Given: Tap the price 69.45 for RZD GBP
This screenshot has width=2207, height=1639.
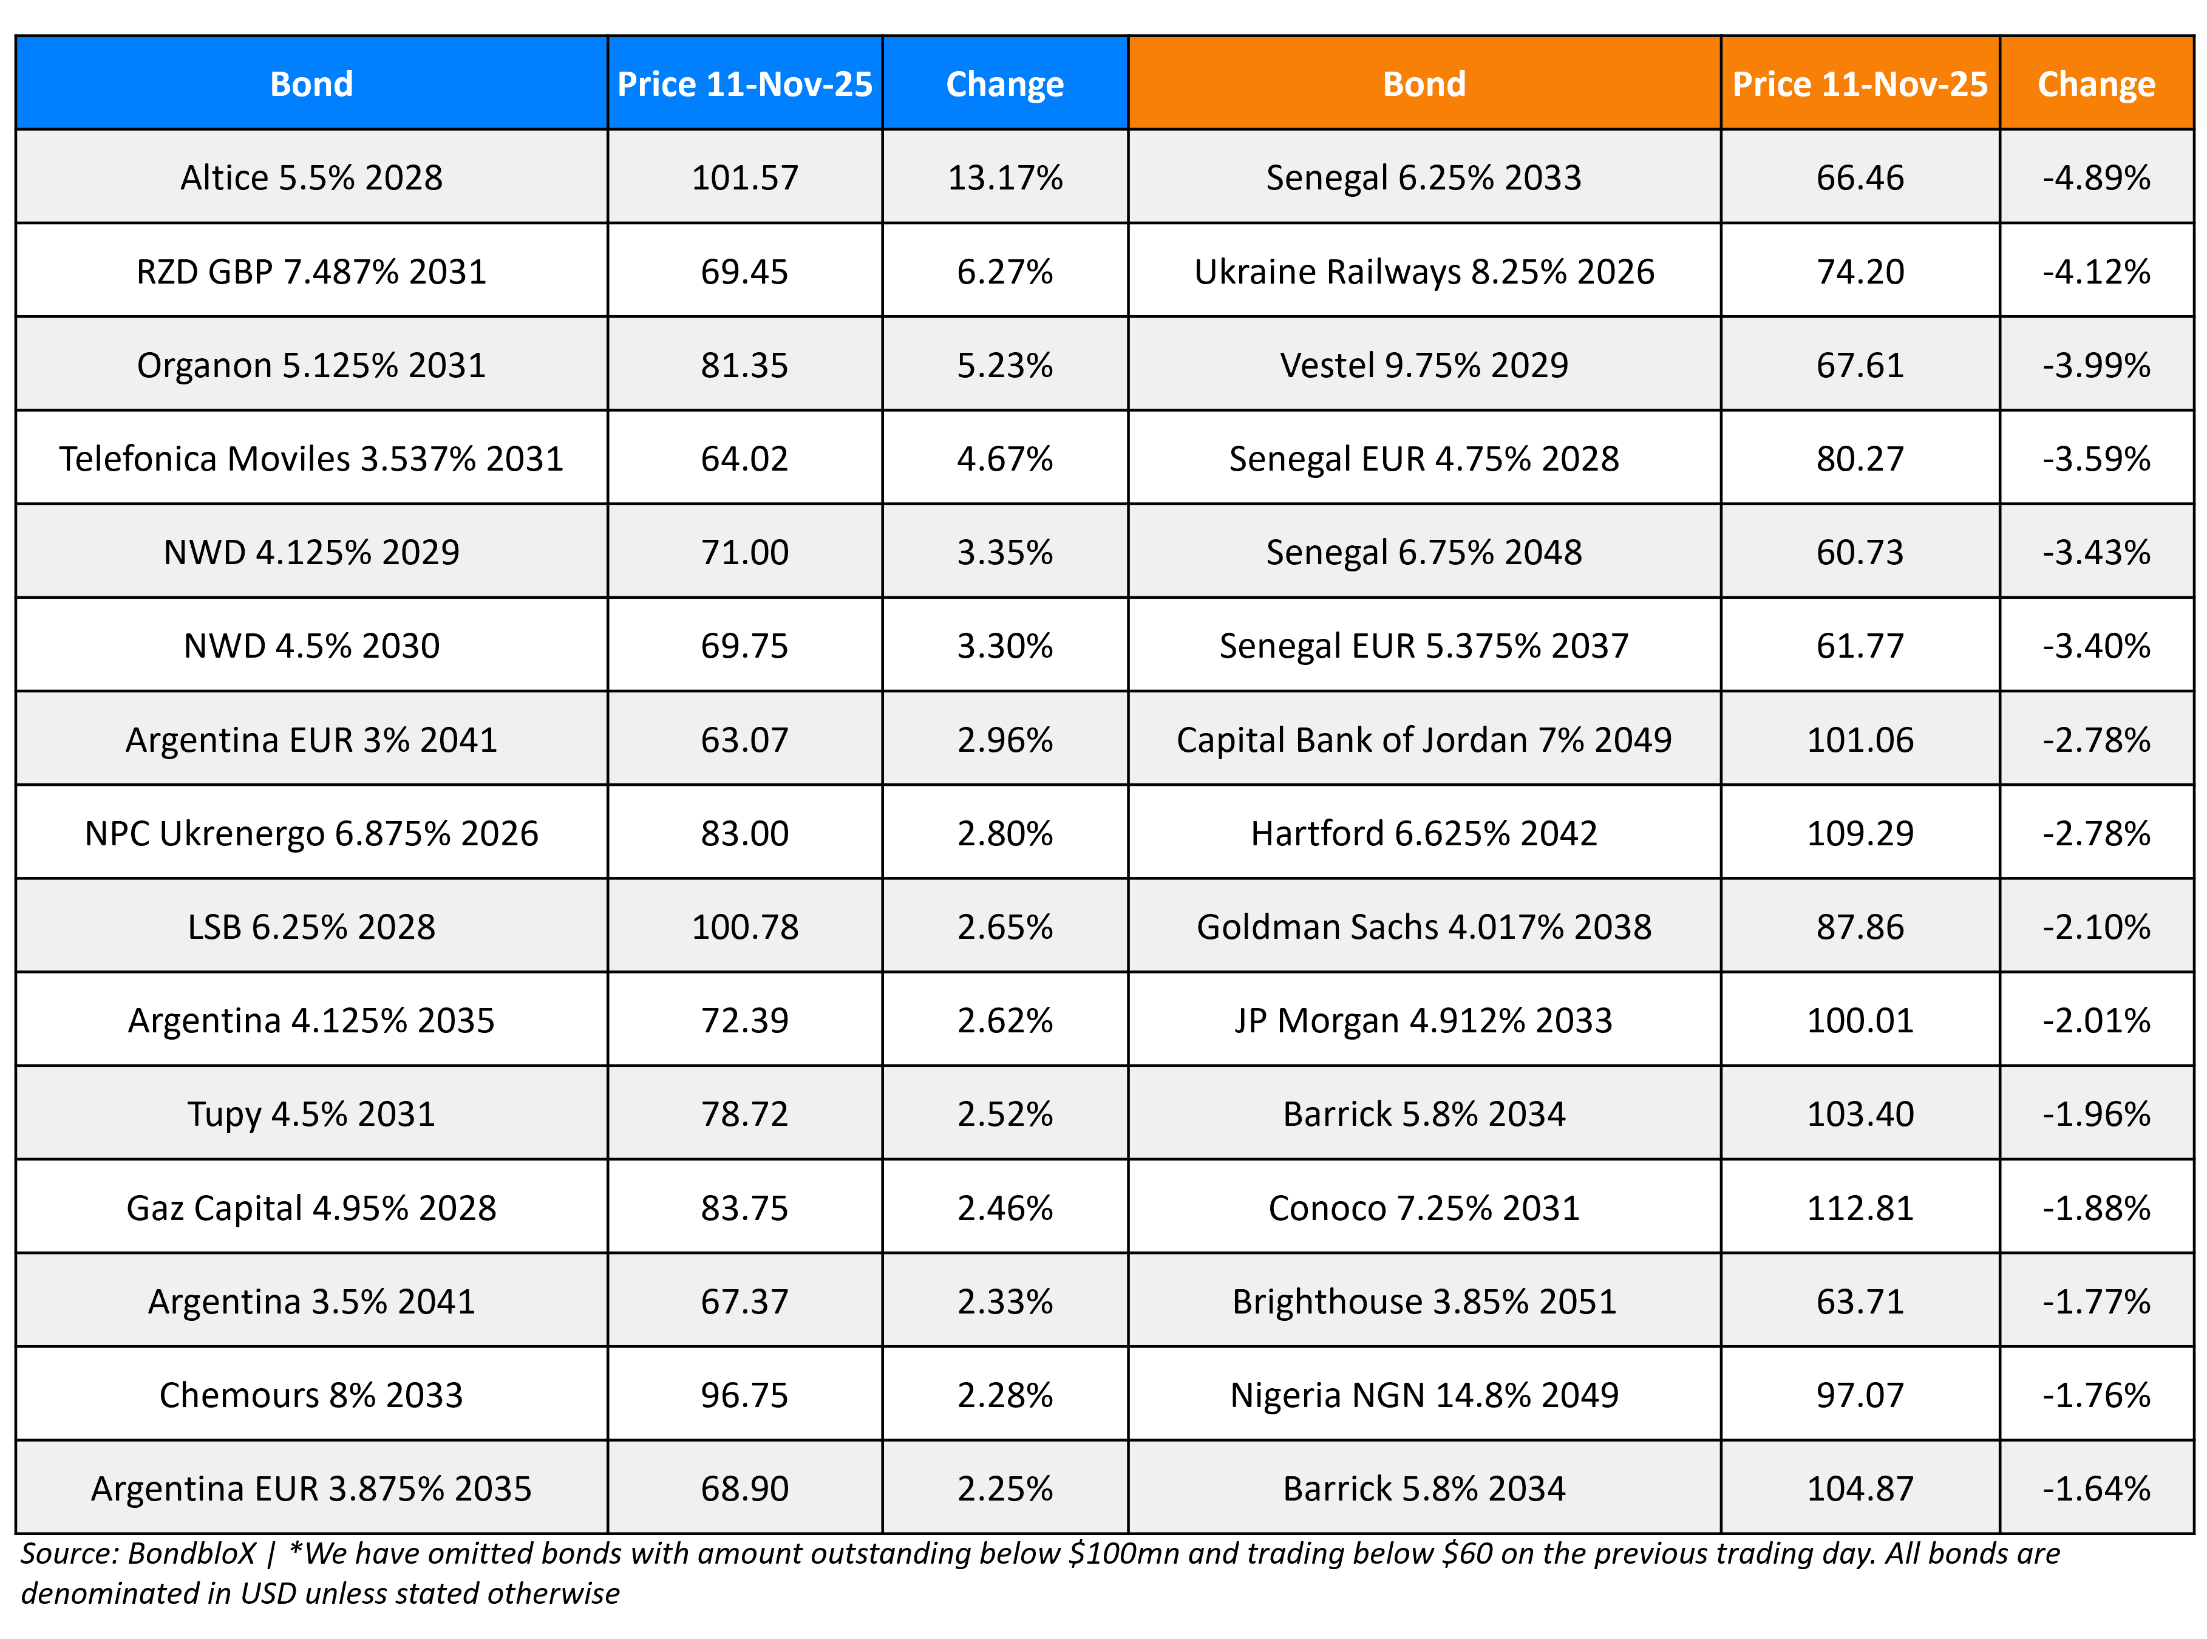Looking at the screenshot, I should (744, 272).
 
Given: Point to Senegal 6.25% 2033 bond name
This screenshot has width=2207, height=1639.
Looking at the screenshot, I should (1423, 177).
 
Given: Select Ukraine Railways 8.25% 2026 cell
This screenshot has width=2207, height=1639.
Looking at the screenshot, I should (1423, 272).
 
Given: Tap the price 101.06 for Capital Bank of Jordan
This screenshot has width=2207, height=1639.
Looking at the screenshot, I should (1859, 740).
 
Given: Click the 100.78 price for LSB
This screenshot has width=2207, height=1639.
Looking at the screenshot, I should (744, 927).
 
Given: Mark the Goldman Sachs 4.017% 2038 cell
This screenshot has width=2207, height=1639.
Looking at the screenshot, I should (1423, 927).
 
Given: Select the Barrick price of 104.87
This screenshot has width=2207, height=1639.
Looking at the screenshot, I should (1859, 1488).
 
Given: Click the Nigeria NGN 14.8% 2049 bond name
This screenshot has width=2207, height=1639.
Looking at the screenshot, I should (1423, 1395).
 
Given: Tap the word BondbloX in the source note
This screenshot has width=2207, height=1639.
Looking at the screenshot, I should (191, 1553).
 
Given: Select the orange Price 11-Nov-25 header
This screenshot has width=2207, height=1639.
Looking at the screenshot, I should (1859, 84).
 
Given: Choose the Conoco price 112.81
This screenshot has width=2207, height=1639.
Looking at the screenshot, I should (1859, 1207).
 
